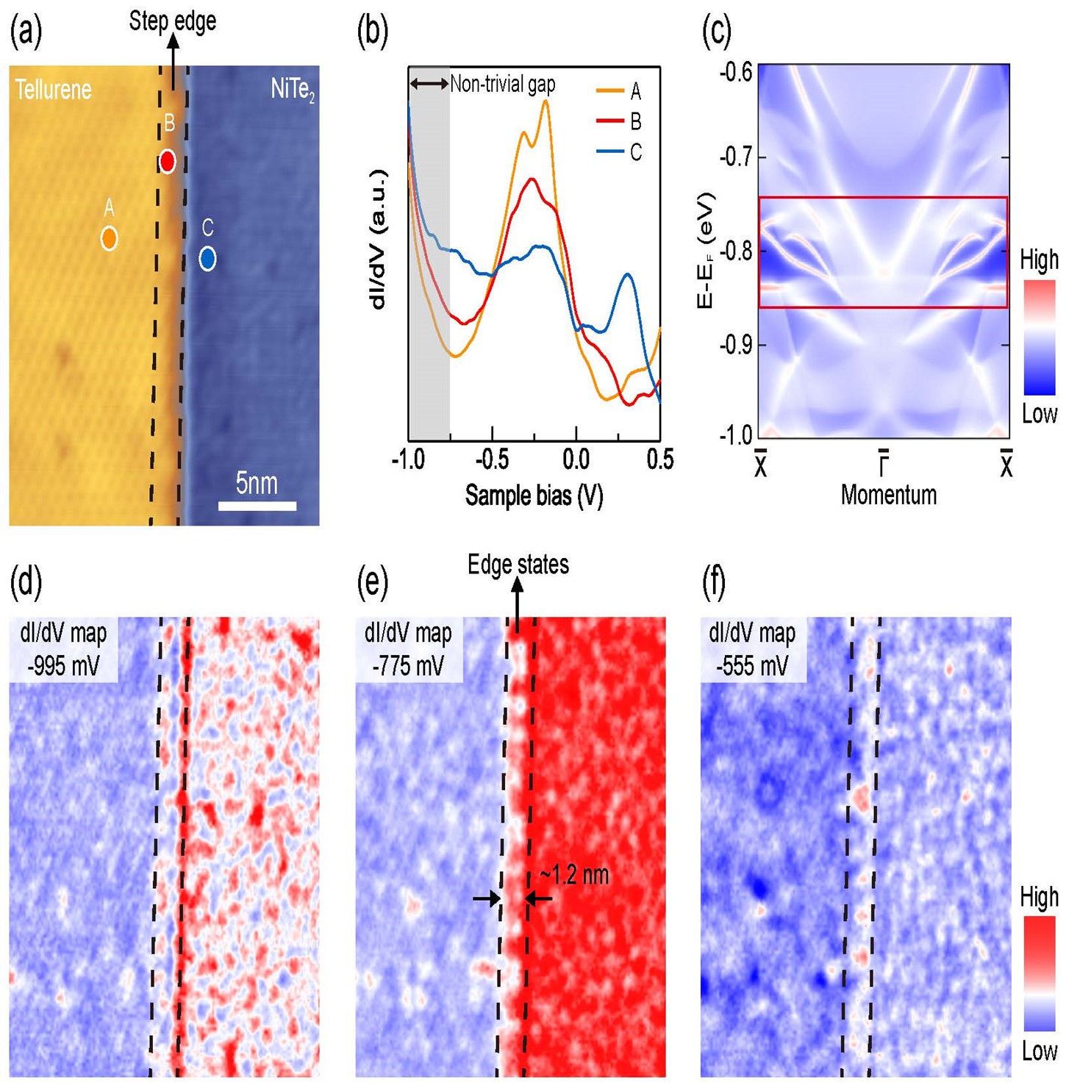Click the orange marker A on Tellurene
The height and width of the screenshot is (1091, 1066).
109,238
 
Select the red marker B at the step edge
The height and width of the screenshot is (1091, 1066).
168,161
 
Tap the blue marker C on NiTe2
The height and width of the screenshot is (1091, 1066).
207,258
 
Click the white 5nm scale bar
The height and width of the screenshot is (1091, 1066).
257,506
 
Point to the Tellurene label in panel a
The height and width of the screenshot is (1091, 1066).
54,90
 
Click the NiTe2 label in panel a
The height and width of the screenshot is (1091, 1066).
293,90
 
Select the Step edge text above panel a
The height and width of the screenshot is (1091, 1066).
173,21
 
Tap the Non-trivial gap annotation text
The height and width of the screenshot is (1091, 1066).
502,84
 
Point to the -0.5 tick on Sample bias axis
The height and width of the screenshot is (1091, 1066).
492,459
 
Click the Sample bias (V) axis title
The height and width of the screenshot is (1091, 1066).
534,496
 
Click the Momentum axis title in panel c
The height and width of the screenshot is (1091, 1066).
888,495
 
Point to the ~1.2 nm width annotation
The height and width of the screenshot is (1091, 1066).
574,875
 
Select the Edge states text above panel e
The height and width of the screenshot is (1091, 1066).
518,565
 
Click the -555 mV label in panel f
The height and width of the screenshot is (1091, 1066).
752,666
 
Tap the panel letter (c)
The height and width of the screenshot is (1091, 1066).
717,32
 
